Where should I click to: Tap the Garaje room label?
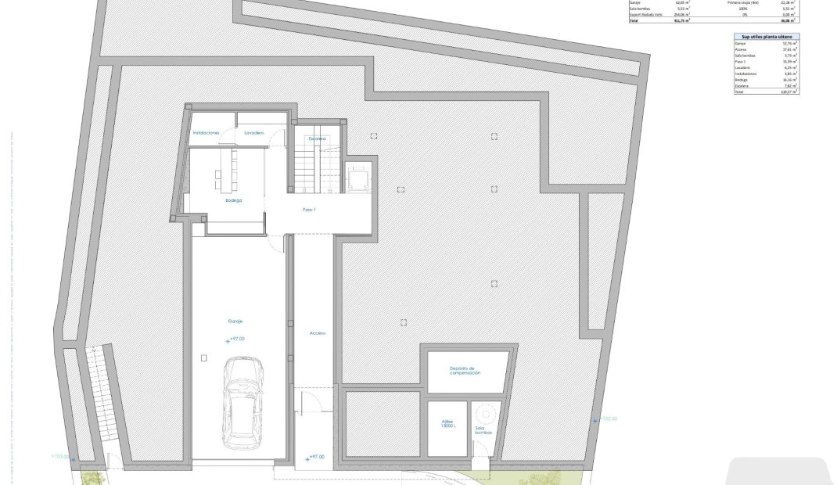235,322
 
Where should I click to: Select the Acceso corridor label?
317,333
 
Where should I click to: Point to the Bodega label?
233,201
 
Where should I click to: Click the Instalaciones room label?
207,134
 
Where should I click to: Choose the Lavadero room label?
253,134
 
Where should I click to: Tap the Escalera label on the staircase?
317,138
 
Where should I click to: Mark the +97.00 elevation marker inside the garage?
235,339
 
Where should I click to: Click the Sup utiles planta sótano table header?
767,36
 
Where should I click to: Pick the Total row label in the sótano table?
740,92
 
